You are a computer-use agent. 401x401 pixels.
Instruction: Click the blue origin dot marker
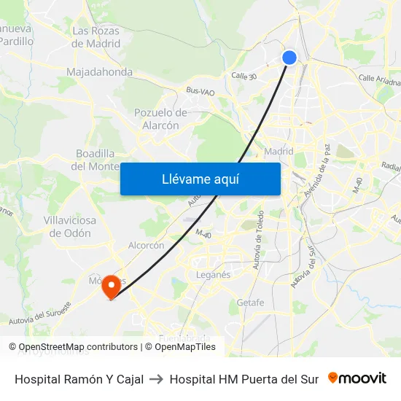289,58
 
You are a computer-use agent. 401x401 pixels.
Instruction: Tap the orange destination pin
111,285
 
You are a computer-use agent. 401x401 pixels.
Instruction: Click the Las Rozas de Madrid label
96,37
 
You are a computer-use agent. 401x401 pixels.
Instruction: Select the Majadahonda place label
99,72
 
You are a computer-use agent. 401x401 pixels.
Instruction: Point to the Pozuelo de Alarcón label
160,119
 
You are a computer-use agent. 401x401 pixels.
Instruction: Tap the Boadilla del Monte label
96,160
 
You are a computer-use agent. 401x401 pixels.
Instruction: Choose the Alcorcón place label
146,246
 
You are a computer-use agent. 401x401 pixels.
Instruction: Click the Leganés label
213,275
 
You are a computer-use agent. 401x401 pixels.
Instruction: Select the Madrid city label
279,152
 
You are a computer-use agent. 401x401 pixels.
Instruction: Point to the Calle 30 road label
245,76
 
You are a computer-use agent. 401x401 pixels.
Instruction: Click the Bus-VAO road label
200,91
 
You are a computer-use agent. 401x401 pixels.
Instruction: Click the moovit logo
357,378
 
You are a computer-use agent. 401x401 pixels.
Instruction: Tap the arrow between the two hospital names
157,379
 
